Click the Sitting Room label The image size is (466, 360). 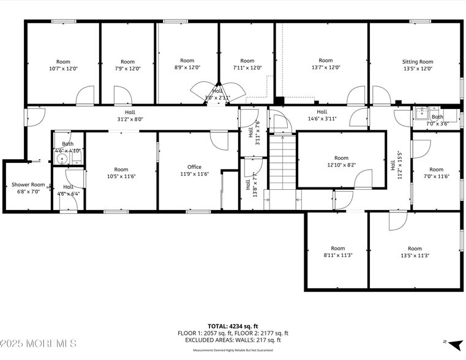pyautogui.click(x=417, y=62)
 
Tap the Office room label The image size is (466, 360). pyautogui.click(x=194, y=167)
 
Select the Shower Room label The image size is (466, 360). pyautogui.click(x=28, y=184)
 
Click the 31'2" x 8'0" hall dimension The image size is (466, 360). pyautogui.click(x=130, y=119)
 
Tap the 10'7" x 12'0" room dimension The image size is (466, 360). pyautogui.click(x=63, y=69)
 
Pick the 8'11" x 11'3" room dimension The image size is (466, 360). pyautogui.click(x=337, y=255)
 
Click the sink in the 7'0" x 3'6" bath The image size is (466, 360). pyautogui.click(x=421, y=113)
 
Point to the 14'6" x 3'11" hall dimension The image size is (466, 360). pyautogui.click(x=321, y=119)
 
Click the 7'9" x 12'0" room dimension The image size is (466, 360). pyautogui.click(x=127, y=69)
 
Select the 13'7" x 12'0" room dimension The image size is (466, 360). pyautogui.click(x=326, y=68)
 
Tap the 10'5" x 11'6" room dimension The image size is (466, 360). pyautogui.click(x=121, y=177)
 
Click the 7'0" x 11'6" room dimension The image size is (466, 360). pyautogui.click(x=436, y=177)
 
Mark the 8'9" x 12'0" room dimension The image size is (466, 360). pyautogui.click(x=187, y=68)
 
